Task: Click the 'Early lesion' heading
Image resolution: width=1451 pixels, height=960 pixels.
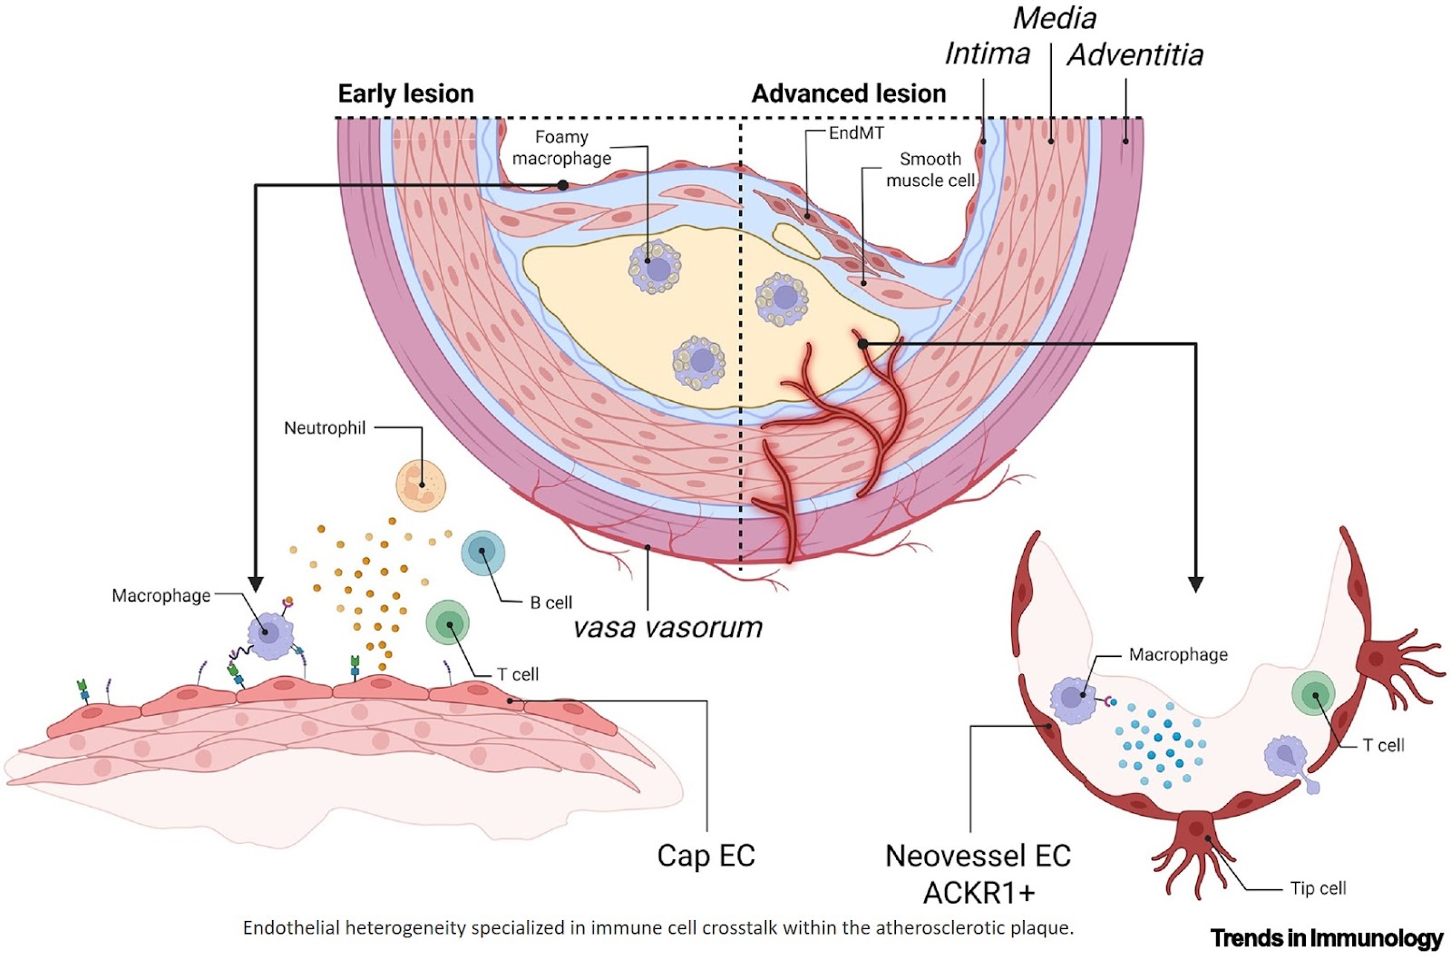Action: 405,93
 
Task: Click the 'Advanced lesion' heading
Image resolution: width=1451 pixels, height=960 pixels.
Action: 849,93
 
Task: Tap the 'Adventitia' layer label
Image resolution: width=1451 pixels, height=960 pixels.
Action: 1135,55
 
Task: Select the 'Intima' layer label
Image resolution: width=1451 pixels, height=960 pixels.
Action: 987,54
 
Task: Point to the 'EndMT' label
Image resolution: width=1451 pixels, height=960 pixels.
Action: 856,132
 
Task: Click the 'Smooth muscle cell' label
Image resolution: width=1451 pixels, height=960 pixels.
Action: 930,170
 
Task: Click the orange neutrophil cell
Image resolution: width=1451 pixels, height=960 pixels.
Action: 421,485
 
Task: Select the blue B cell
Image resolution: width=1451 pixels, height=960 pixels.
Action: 482,553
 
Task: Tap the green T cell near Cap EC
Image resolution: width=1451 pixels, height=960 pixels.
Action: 448,623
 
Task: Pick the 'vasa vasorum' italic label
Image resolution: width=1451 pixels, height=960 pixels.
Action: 667,627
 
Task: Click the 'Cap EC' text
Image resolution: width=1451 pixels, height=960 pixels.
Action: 706,855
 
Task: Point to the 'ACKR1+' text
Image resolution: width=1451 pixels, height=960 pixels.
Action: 979,893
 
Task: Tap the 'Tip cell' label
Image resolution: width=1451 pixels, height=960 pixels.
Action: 1318,888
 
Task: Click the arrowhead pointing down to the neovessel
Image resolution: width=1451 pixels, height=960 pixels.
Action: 1195,583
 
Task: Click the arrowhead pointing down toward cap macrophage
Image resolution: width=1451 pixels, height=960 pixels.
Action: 256,583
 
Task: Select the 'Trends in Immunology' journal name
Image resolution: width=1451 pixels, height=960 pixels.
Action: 1326,937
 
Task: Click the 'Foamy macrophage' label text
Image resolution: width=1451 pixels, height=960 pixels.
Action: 561,147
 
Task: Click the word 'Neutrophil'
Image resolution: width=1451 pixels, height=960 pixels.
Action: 325,427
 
